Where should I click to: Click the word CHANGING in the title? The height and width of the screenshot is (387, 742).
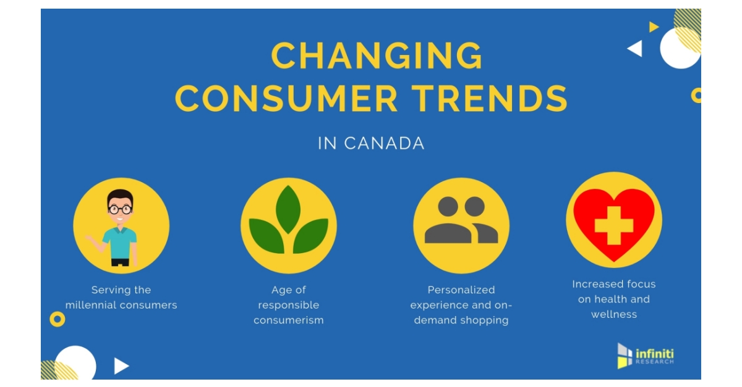377,56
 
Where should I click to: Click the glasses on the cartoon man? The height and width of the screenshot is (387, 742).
120,209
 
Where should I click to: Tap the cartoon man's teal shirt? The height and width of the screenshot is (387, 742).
120,241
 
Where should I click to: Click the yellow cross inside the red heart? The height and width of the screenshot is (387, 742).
613,225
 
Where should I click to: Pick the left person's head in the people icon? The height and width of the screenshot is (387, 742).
448,207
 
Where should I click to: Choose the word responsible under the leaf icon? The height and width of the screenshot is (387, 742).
289,305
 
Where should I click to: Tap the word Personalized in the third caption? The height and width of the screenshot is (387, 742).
461,289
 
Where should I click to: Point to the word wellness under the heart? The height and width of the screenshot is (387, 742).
613,314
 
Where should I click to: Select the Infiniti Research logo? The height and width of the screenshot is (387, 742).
645,355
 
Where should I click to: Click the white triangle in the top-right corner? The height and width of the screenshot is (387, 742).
635,49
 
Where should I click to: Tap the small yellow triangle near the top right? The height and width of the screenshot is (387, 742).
654,27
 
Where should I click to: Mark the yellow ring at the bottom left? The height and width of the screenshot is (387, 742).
58,318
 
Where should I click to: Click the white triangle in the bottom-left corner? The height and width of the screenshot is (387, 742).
121,366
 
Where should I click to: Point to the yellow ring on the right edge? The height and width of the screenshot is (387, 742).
696,95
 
